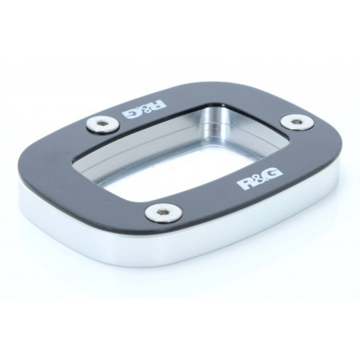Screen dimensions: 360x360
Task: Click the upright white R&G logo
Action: [259, 179]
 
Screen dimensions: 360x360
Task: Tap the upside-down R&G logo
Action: [145, 108]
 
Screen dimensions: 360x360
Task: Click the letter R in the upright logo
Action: [245, 184]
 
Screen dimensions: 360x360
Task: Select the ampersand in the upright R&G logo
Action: [259, 179]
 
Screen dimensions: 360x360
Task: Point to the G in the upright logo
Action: [273, 174]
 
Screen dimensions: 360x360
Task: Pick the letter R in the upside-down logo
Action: [158, 105]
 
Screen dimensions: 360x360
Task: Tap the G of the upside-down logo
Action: [131, 113]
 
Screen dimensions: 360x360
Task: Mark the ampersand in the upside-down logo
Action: [145, 109]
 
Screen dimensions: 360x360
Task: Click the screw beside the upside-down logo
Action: [103, 124]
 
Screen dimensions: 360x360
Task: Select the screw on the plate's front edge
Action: [163, 212]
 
